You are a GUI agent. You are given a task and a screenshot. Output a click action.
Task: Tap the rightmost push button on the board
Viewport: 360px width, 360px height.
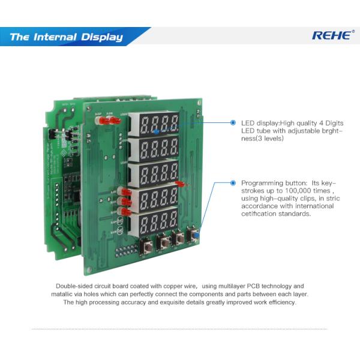click(x=193, y=235)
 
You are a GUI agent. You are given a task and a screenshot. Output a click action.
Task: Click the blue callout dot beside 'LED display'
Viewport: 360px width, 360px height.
click(x=233, y=122)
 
